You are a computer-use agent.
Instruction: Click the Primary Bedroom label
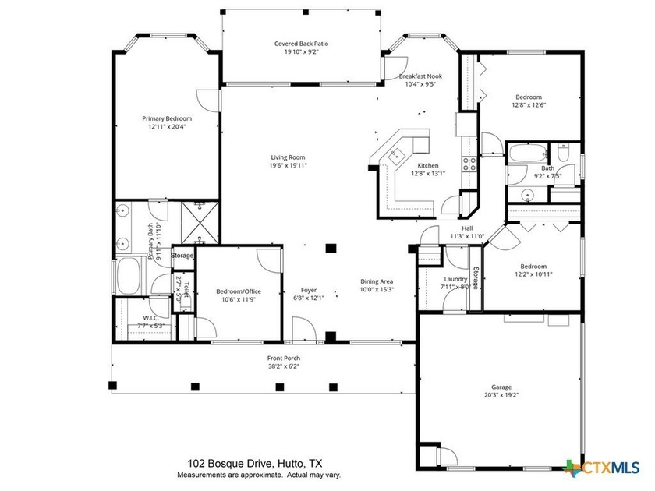coord(167,118)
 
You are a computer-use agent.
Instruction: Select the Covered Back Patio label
coord(301,44)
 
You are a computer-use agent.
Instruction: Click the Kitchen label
coord(427,165)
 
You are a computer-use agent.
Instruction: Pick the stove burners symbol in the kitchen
coord(470,164)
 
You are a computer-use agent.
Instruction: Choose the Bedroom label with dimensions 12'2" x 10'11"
coord(533,266)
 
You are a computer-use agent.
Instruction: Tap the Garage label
coord(501,387)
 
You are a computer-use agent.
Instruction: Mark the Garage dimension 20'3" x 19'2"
coord(501,395)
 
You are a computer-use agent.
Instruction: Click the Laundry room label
coord(455,278)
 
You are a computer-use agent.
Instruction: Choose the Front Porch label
coord(283,358)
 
